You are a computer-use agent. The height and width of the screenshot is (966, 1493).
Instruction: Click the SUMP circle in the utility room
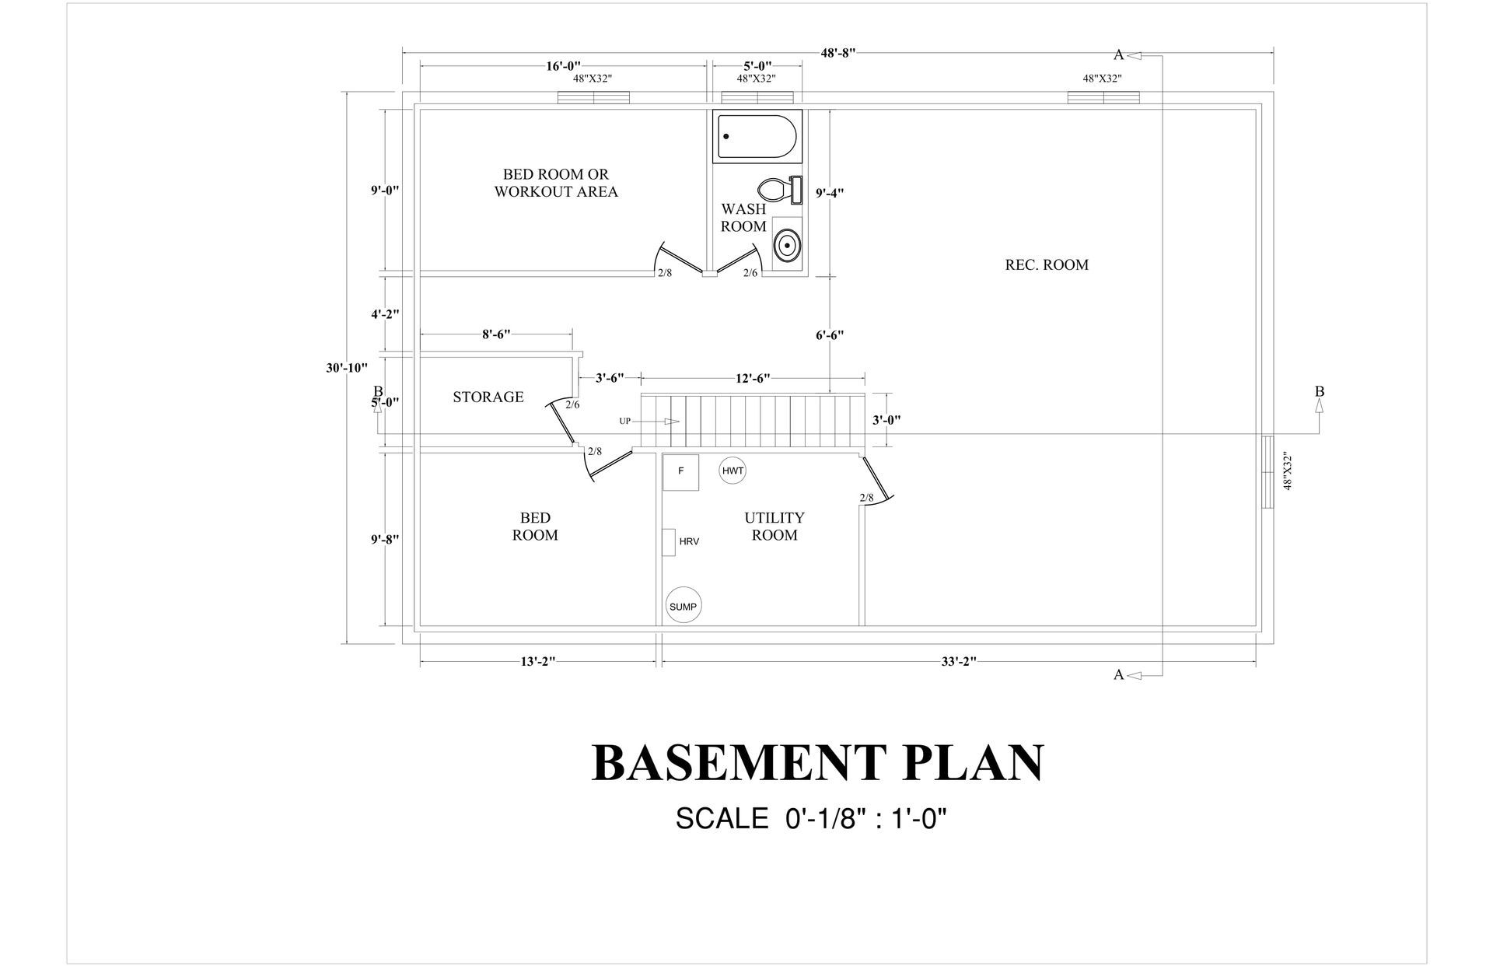tap(684, 606)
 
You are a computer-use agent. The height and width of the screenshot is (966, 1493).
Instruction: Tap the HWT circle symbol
tap(733, 471)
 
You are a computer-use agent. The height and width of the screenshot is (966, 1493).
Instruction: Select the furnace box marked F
tap(680, 471)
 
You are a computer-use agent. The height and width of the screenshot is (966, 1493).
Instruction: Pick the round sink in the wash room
tap(787, 245)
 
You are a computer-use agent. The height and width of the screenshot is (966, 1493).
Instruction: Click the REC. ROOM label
tap(1047, 264)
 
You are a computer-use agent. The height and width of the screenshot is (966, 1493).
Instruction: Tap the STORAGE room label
tap(488, 397)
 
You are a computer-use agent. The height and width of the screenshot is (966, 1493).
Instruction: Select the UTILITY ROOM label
tap(774, 526)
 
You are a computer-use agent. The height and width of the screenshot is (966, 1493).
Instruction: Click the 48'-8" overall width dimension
tap(837, 53)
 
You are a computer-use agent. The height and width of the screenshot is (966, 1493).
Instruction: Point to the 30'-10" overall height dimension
tap(347, 368)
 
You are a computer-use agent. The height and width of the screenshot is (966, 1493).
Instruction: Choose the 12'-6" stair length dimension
tap(752, 378)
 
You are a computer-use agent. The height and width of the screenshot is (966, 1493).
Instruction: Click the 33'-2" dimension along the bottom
tap(958, 661)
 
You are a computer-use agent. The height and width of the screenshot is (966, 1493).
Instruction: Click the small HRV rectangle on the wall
tap(668, 541)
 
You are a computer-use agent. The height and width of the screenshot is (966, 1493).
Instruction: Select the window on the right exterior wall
tap(1267, 471)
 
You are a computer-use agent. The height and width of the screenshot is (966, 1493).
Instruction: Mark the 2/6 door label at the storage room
tap(572, 404)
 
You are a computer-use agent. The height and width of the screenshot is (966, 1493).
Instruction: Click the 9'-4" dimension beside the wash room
tap(830, 193)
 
